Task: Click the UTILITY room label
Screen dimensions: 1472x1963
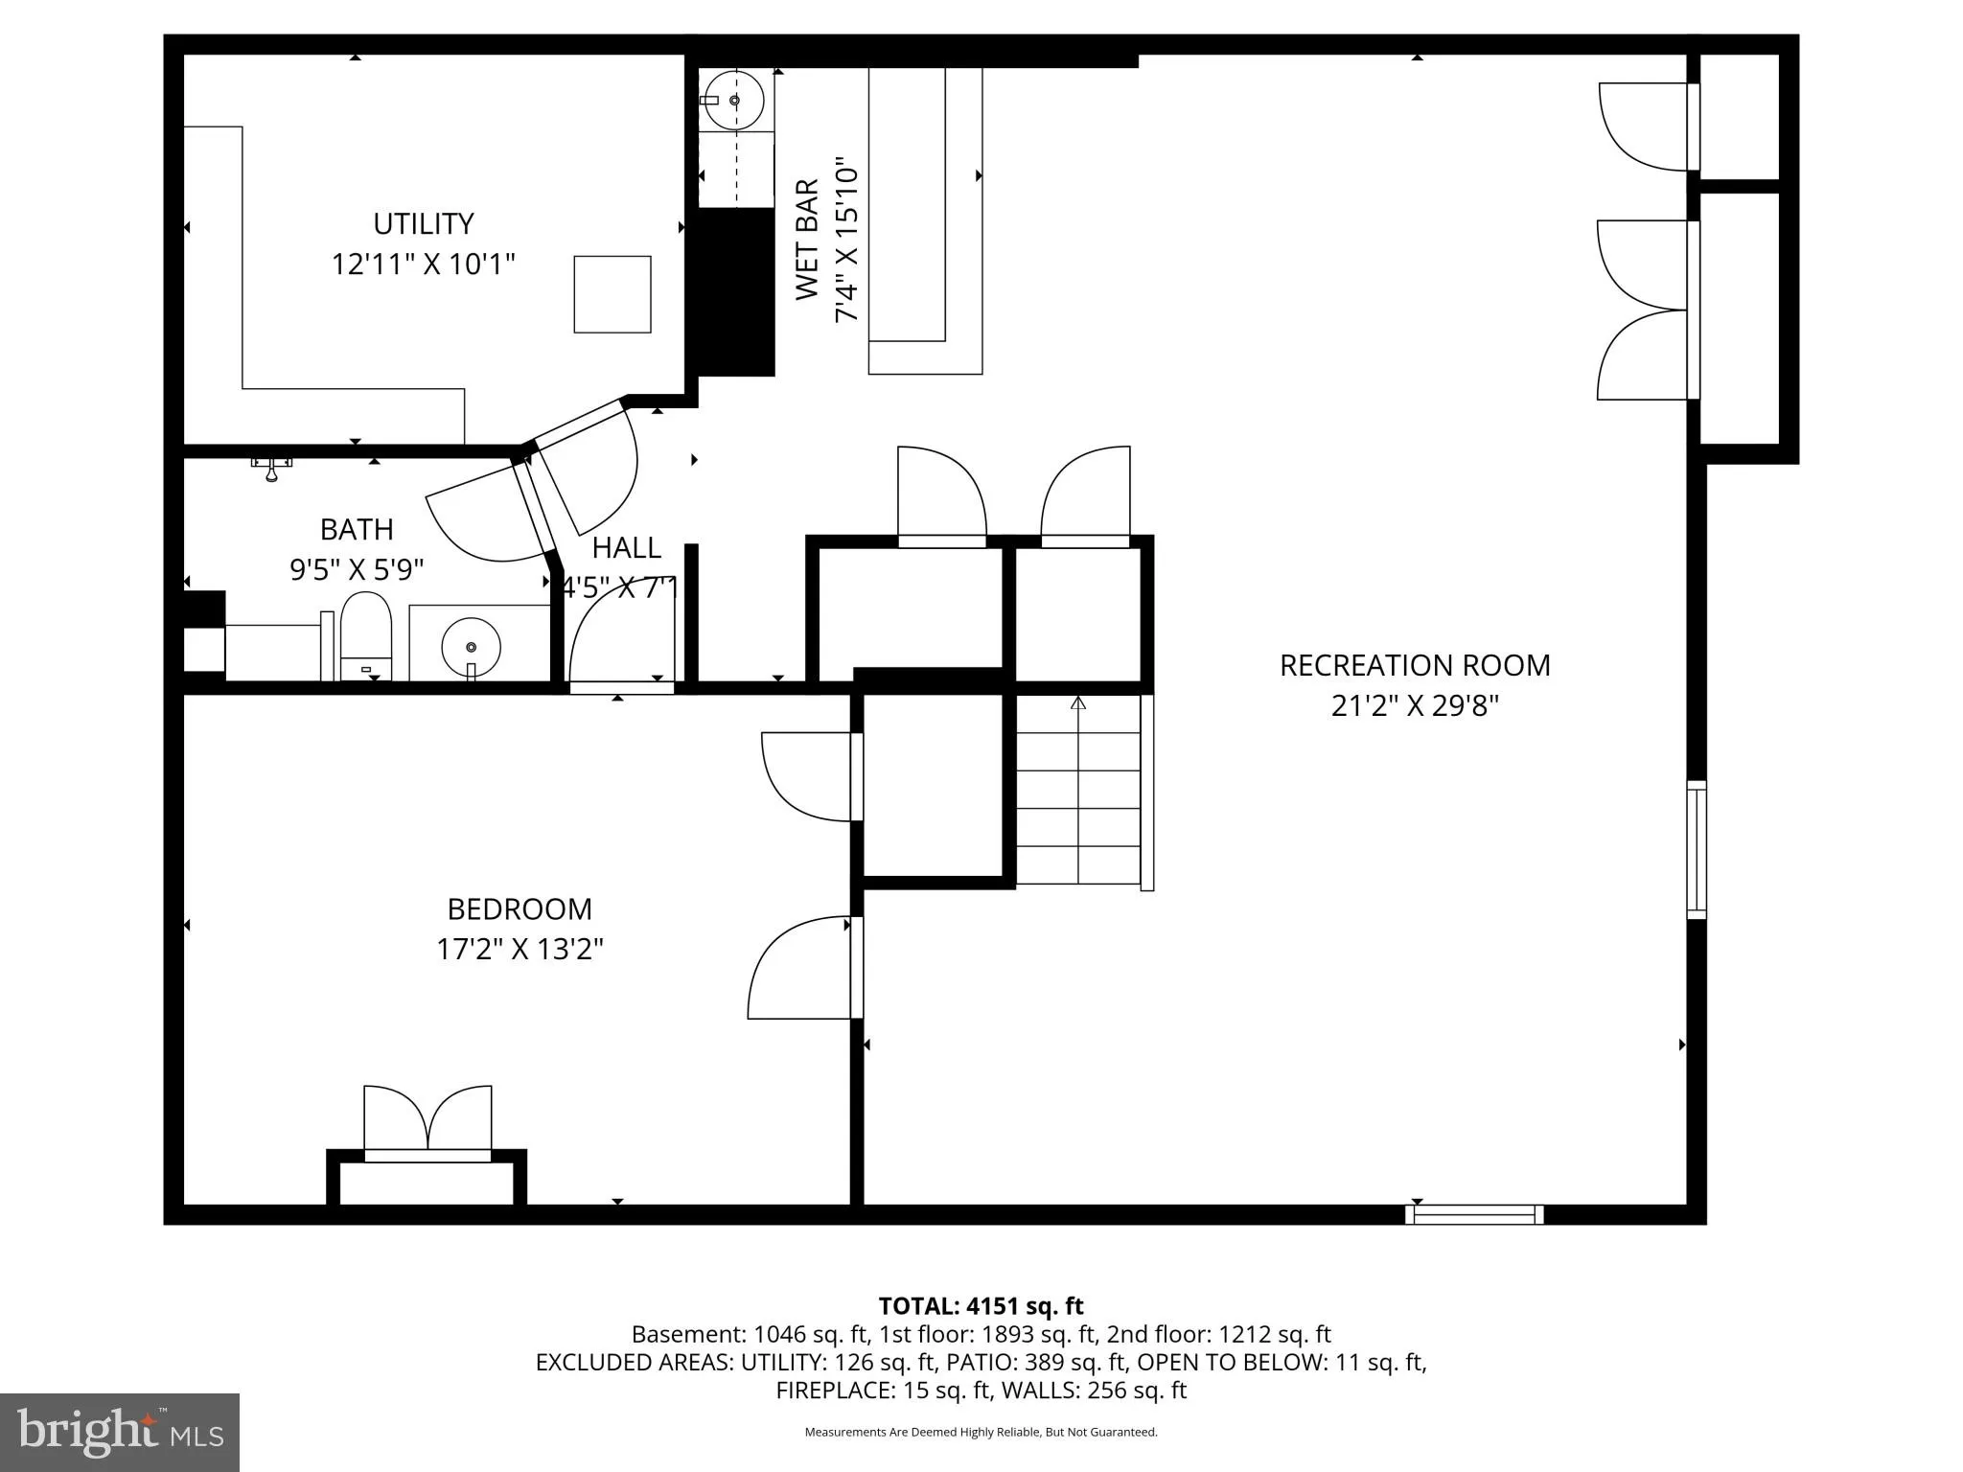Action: click(423, 224)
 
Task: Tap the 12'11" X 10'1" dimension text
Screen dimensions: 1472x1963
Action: click(423, 264)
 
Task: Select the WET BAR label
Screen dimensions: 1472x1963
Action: click(807, 240)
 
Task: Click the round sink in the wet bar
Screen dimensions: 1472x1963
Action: click(735, 100)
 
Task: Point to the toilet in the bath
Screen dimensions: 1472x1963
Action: click(366, 634)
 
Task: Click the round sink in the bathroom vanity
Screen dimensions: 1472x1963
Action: click(471, 647)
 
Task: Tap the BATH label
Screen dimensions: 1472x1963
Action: click(357, 530)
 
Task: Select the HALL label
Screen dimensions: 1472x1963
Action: click(626, 548)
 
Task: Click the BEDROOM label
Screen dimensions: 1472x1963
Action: click(520, 908)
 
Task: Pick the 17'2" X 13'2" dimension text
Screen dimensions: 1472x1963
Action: click(520, 950)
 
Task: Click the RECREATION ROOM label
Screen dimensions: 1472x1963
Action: click(1415, 665)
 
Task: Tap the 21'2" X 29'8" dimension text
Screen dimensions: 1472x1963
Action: click(1415, 706)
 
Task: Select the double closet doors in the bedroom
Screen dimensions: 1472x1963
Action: click(427, 1121)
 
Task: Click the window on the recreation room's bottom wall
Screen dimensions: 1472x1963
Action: click(1474, 1214)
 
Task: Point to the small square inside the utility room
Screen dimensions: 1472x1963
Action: click(612, 294)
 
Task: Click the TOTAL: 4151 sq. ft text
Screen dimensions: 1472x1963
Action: click(981, 1306)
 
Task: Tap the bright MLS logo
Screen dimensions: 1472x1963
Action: click(120, 1432)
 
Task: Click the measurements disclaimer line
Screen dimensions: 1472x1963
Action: click(981, 1432)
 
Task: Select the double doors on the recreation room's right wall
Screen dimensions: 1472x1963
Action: click(1644, 310)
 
